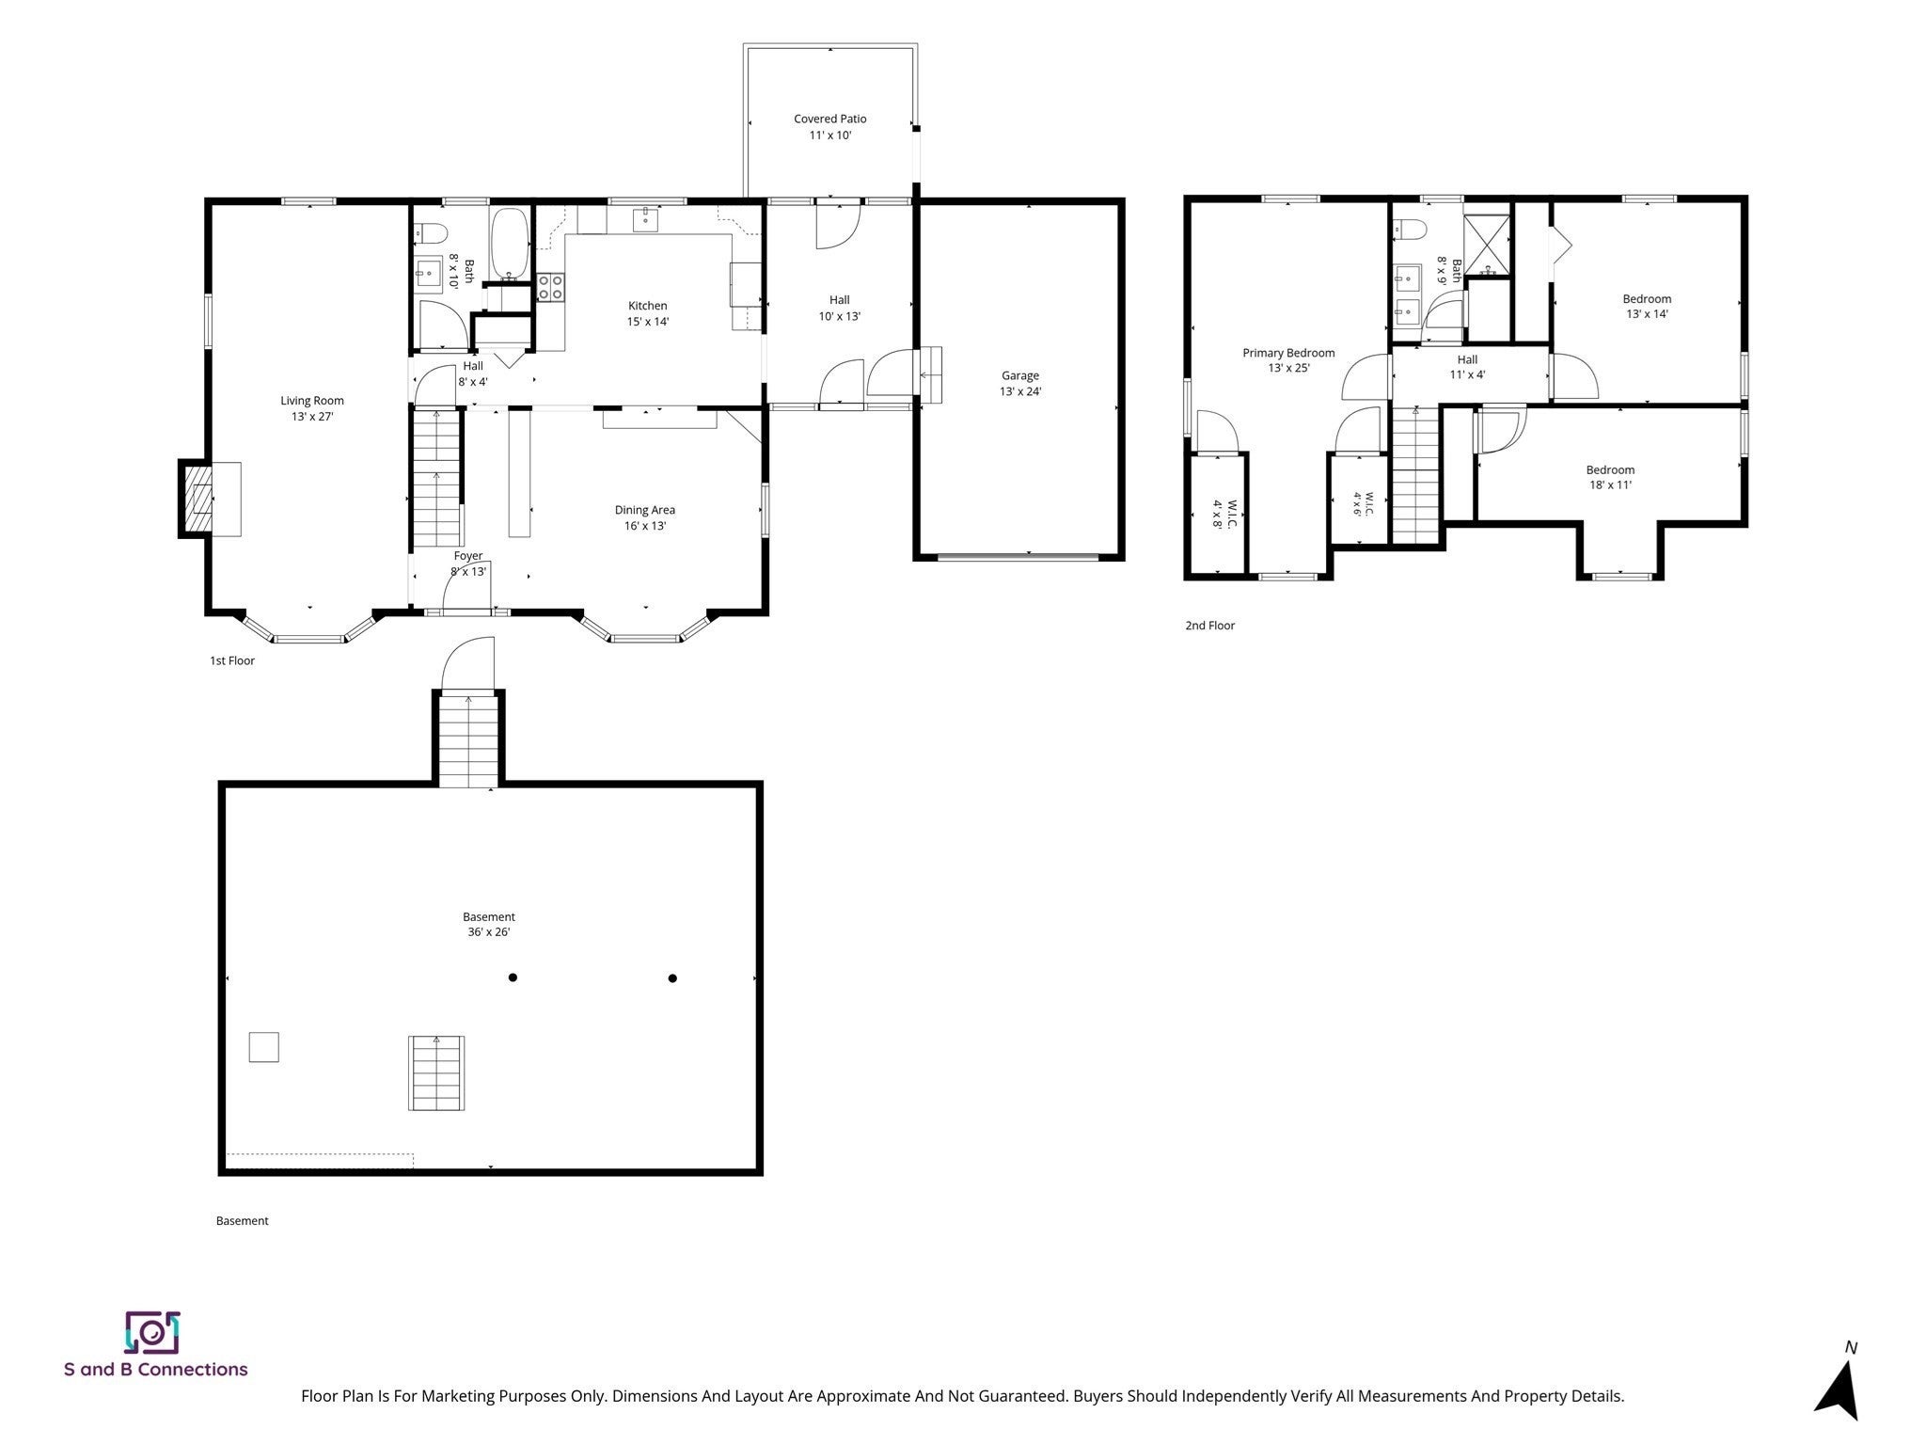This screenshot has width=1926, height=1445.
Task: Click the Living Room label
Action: tap(312, 408)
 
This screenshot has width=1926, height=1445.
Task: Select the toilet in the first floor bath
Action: tap(432, 231)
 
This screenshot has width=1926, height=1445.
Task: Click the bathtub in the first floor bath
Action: tap(510, 245)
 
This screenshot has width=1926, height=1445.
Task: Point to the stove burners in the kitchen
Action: tap(550, 287)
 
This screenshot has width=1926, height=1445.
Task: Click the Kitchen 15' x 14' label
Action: tap(648, 313)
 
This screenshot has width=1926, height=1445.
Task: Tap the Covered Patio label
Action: tap(830, 127)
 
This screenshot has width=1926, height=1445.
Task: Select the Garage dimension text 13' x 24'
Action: tap(1020, 391)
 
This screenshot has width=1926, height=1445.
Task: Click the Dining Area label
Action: tap(645, 517)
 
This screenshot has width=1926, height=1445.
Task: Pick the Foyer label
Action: tap(468, 556)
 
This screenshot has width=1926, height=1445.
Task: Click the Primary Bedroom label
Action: tap(1288, 360)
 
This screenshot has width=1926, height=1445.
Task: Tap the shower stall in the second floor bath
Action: tap(1487, 246)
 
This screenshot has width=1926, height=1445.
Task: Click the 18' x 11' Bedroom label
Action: tap(1610, 478)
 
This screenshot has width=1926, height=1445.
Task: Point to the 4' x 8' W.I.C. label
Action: tap(1223, 515)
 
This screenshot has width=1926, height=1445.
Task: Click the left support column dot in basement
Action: tap(513, 977)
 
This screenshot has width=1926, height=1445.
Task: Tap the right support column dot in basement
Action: tap(672, 978)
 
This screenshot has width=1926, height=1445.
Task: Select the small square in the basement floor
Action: tap(263, 1047)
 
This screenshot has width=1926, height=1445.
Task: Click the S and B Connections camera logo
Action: tap(151, 1331)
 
